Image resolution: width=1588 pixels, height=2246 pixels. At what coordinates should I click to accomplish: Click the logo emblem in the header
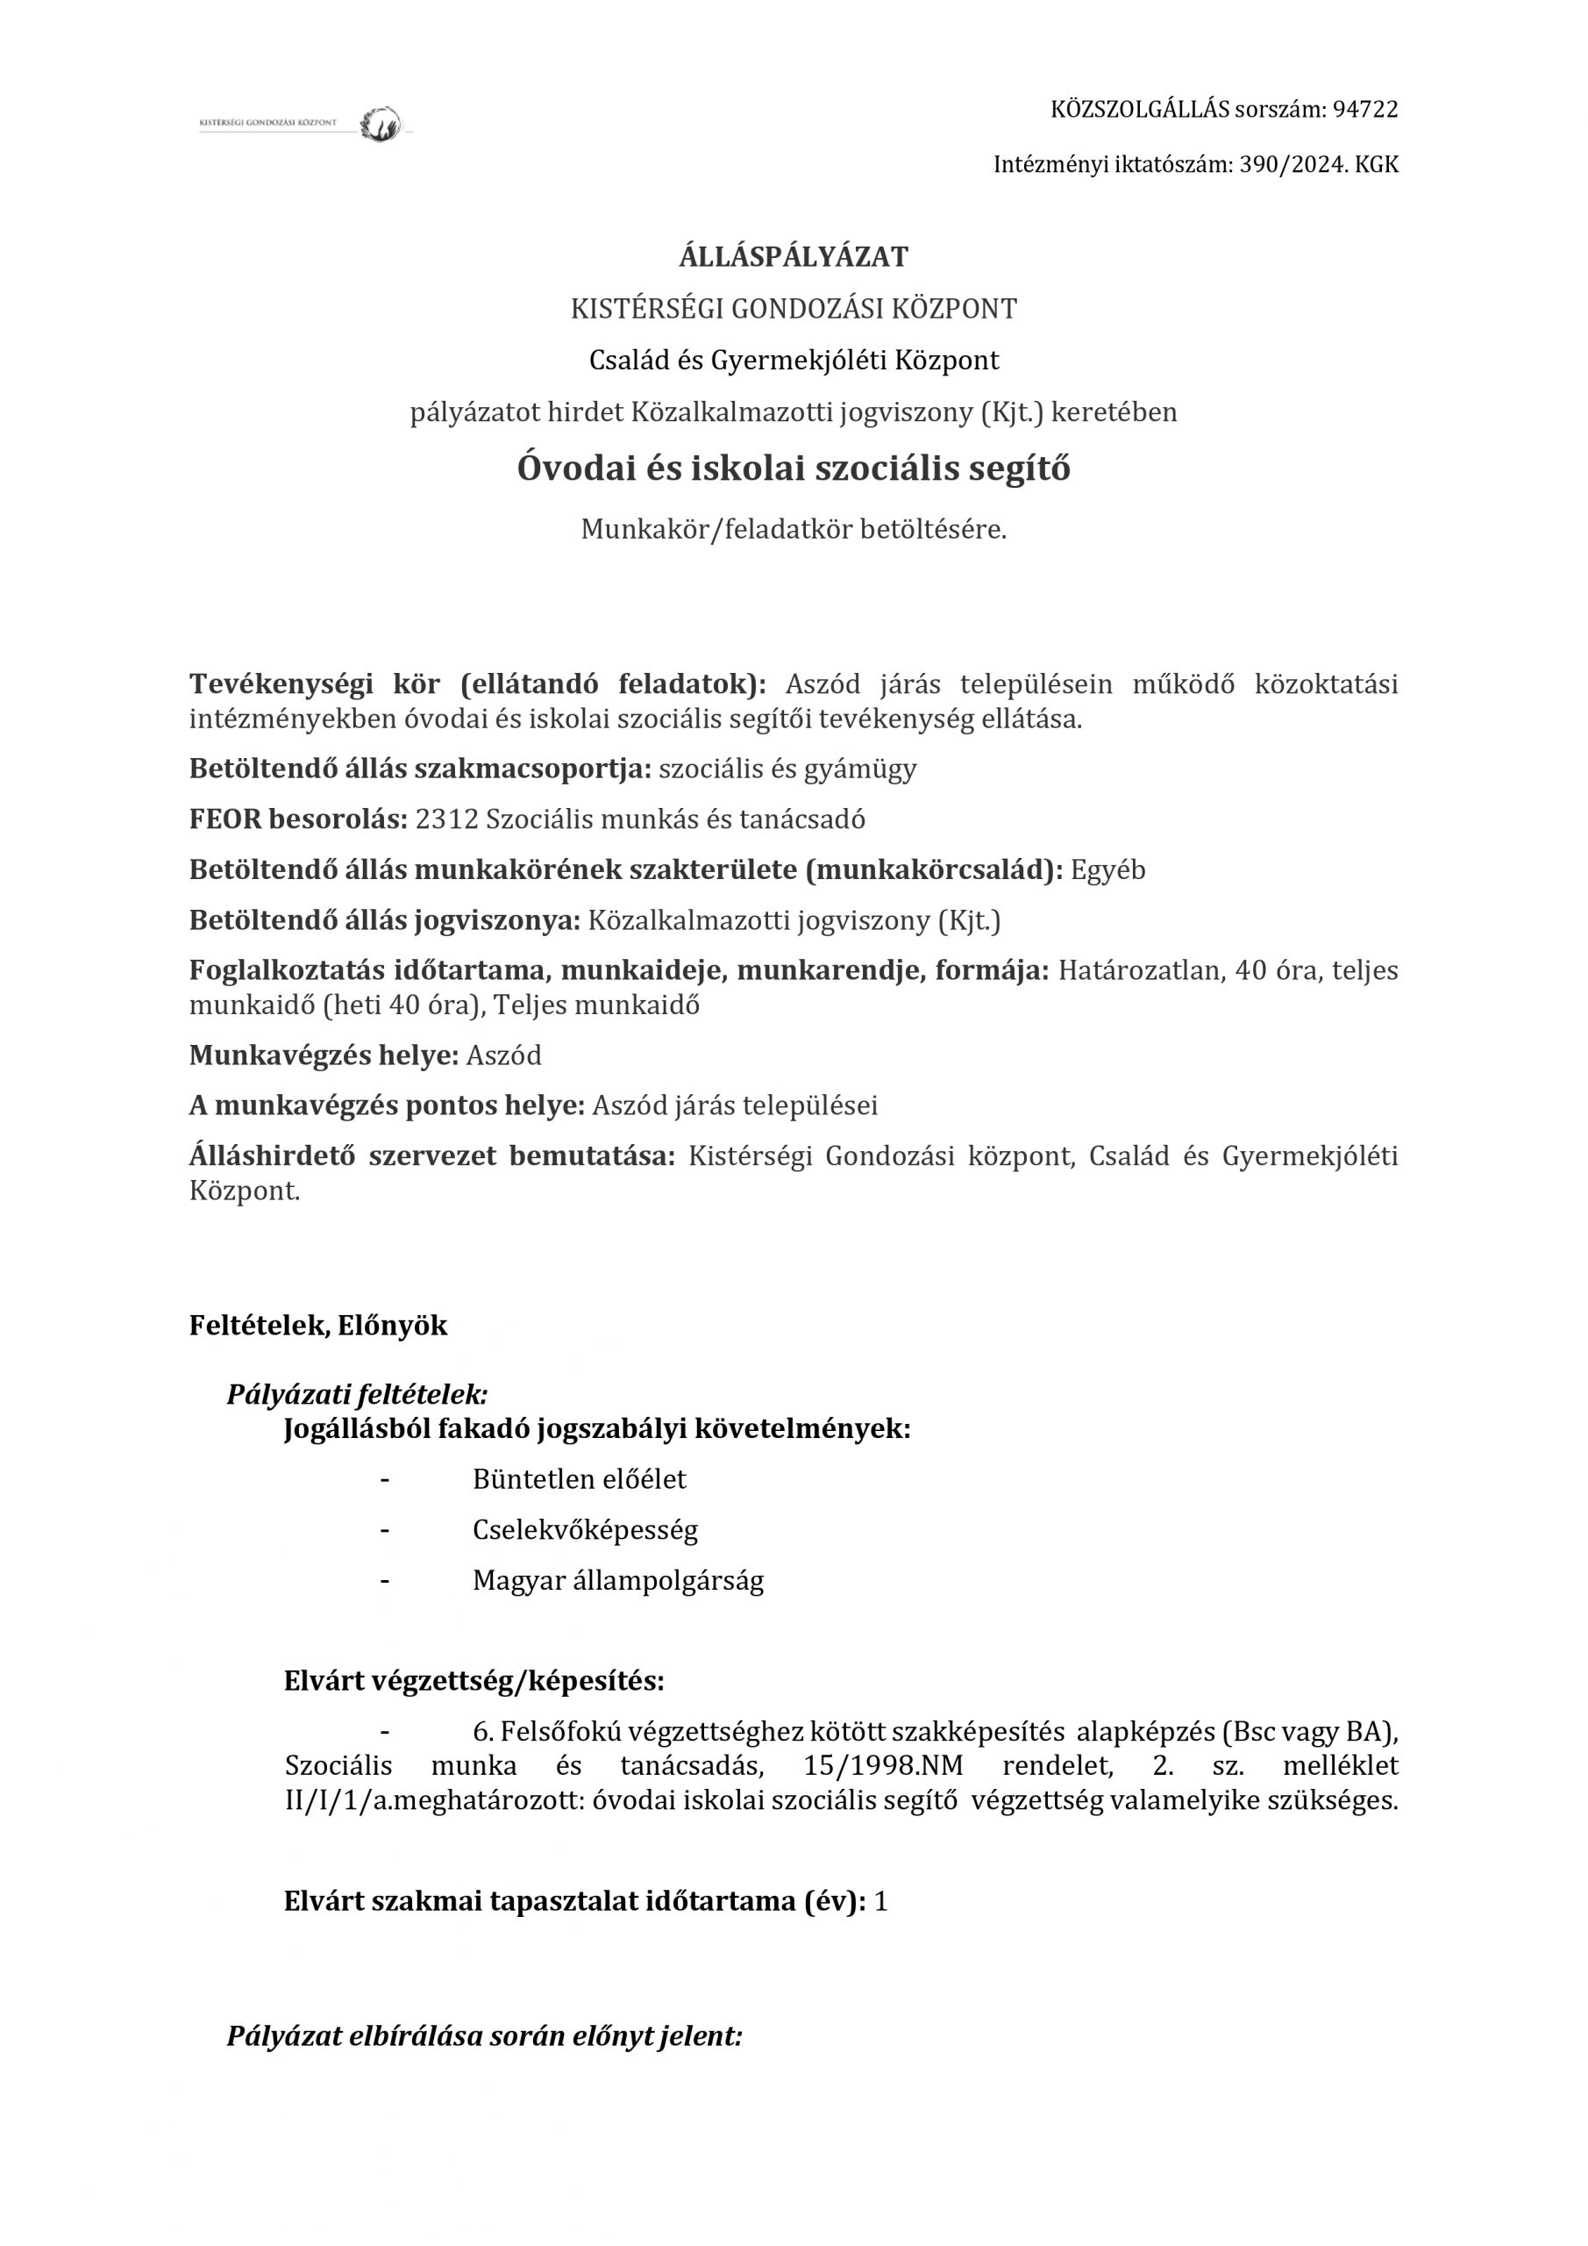(x=381, y=125)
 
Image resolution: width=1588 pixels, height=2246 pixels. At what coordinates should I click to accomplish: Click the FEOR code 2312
(x=447, y=819)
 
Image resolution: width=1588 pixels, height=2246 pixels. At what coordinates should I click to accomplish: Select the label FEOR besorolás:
(x=298, y=819)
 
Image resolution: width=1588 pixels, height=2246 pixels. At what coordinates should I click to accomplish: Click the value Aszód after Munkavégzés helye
(x=503, y=1056)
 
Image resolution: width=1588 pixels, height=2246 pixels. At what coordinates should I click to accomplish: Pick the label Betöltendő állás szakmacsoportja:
(x=419, y=769)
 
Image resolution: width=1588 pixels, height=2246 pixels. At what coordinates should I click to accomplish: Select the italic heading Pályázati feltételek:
(x=357, y=1394)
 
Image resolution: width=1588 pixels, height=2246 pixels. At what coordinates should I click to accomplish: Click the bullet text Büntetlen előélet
(x=579, y=1479)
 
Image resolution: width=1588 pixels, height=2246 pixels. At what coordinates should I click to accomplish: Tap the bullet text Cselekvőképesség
(x=585, y=1530)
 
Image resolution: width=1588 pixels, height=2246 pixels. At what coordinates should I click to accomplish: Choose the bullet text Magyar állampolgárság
(x=618, y=1581)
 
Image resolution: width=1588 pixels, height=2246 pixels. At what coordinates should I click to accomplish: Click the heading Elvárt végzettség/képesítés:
(x=474, y=1682)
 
